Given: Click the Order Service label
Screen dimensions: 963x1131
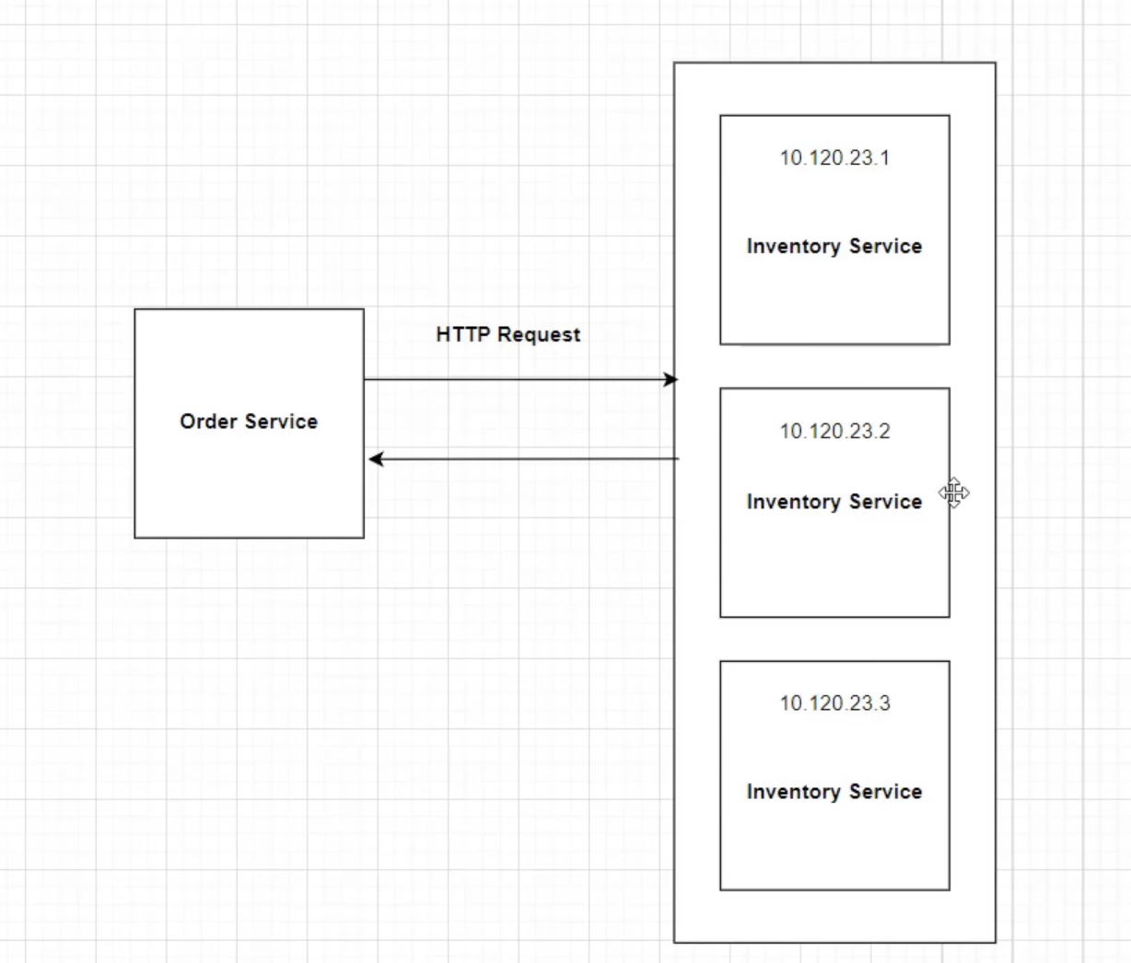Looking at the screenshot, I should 249,422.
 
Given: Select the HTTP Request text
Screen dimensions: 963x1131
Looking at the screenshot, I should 507,334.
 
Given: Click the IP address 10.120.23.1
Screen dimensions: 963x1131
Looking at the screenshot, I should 834,158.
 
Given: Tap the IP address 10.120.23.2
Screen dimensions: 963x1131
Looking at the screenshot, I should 834,431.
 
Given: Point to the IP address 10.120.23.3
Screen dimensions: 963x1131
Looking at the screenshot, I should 834,703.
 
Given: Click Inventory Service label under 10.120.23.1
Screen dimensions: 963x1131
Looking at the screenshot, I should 834,247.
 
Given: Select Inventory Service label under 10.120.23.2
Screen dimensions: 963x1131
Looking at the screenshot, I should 834,502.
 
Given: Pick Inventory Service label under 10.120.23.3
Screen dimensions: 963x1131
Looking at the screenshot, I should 834,792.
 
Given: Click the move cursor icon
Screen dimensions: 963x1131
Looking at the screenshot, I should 954,493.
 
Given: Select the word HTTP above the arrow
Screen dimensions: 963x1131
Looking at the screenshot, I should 461,334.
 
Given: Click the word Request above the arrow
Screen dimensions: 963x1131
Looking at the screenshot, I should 538,334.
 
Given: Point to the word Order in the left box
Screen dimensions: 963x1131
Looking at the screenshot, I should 206,422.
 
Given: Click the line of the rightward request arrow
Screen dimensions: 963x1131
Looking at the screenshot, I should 516,379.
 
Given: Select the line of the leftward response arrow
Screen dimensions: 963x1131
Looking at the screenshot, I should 525,458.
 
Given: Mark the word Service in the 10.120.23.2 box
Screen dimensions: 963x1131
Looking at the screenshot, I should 885,502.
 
